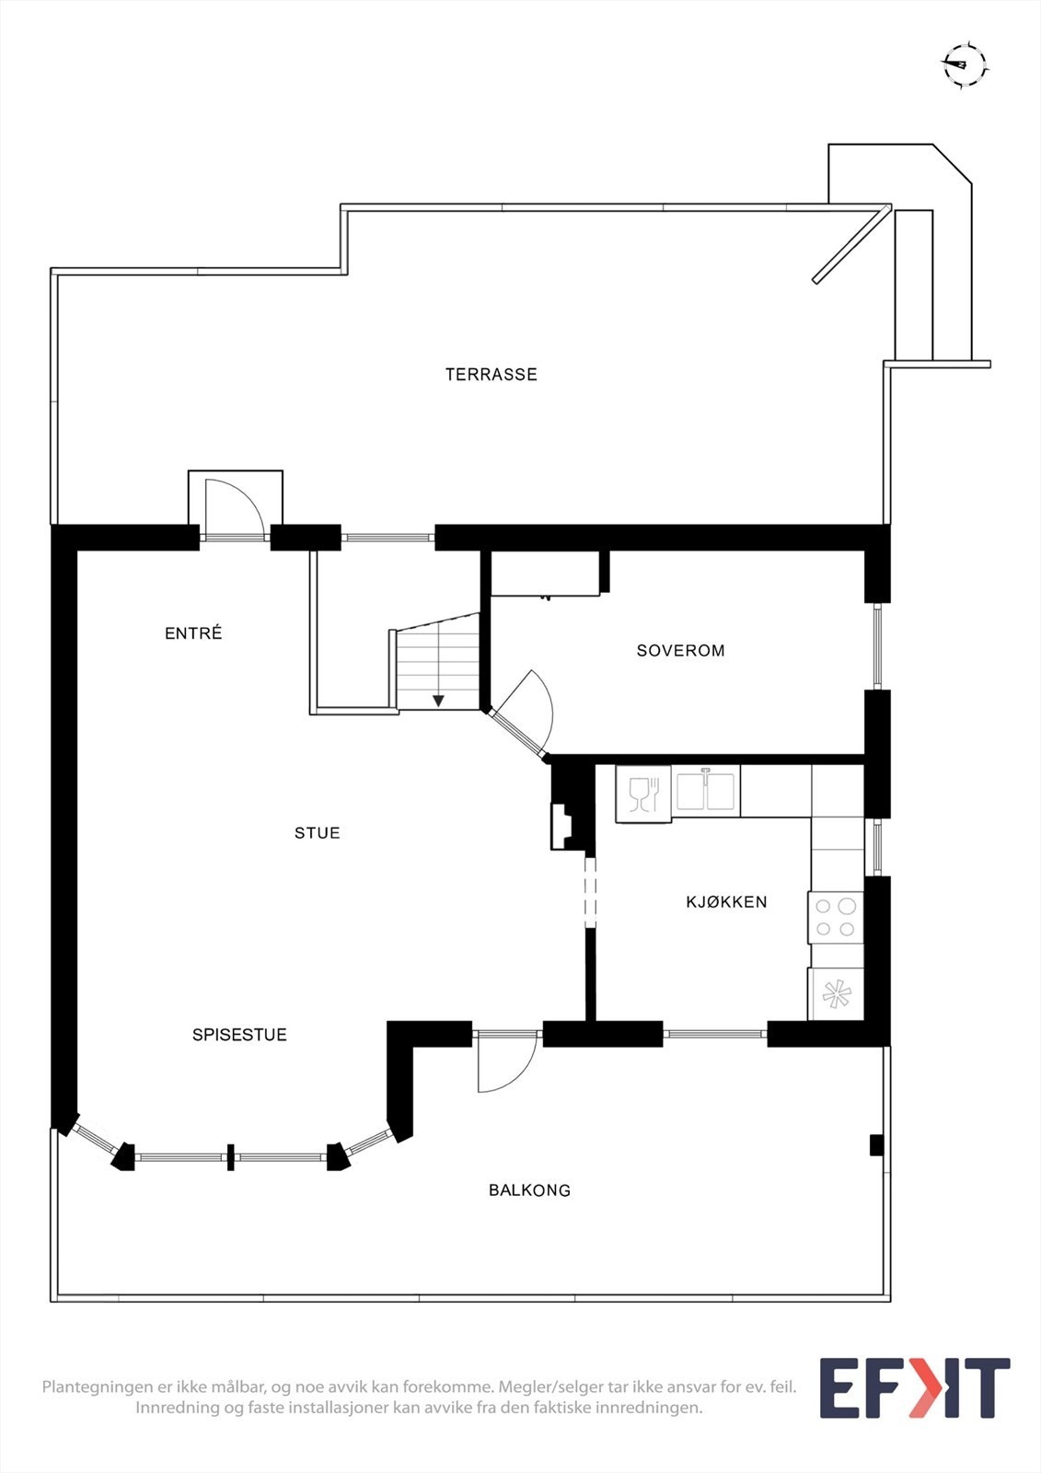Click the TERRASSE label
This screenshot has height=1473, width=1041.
491,375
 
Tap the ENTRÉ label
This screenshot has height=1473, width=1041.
193,633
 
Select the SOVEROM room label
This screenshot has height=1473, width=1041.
680,651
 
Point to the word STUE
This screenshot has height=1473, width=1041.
318,833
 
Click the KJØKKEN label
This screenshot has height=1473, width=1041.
726,902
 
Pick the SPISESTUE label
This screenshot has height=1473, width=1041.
239,1035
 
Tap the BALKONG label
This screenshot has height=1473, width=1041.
529,1190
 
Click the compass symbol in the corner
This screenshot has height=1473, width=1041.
964,64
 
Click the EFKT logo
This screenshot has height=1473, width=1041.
914,1387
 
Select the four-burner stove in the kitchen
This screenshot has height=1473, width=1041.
836,918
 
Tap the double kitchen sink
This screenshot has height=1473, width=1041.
706,792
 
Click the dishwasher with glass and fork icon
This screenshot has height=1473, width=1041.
643,794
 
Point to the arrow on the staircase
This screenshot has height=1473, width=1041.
438,701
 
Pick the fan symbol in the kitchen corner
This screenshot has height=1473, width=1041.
836,994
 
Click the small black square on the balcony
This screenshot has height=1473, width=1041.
876,1145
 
